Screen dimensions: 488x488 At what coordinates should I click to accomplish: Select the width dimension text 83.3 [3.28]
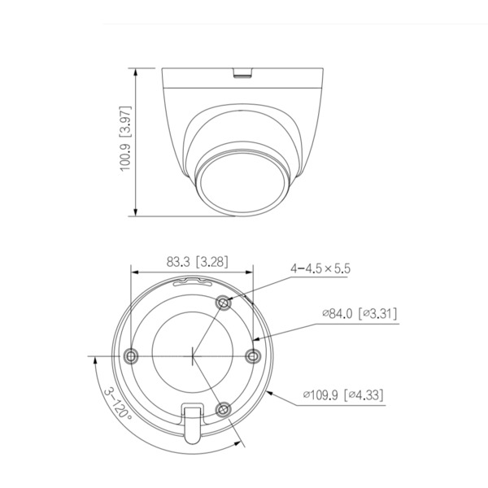point(196,263)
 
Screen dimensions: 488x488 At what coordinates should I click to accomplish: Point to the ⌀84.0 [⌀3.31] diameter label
point(359,313)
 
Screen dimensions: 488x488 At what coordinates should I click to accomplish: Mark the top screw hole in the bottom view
point(224,302)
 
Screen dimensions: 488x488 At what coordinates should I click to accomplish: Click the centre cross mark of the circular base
point(193,355)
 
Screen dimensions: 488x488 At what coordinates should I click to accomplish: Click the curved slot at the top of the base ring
point(193,282)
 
